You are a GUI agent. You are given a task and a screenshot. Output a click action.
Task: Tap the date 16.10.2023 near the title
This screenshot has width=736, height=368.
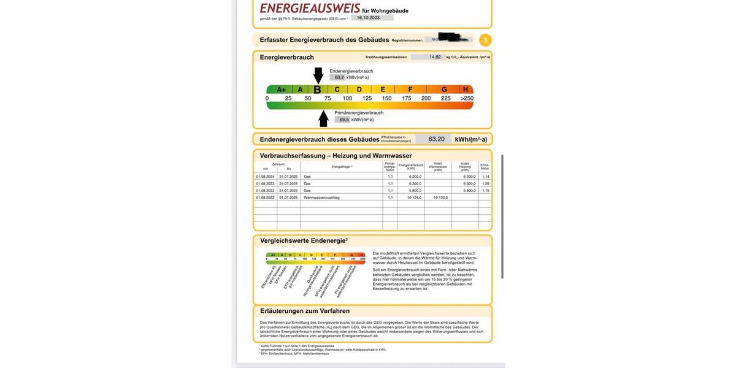(368, 18)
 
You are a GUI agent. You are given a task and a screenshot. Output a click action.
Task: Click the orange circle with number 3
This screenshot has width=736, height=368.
(485, 40)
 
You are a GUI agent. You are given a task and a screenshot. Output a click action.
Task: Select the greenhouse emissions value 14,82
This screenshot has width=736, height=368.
(434, 57)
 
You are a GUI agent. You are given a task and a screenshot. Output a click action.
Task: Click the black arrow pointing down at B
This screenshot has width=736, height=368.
(318, 75)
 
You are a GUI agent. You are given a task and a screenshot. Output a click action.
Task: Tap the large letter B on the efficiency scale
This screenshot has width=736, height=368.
(317, 90)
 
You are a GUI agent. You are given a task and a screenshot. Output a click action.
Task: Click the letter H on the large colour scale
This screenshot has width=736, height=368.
(466, 90)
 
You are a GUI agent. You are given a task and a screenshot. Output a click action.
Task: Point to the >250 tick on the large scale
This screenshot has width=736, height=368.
(467, 98)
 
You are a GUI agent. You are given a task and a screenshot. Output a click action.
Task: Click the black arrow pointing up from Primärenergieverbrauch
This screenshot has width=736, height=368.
(323, 118)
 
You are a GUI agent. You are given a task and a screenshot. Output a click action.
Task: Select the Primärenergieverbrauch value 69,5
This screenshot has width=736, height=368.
(343, 120)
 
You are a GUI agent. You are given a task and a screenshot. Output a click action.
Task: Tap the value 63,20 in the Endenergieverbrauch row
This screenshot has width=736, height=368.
(436, 139)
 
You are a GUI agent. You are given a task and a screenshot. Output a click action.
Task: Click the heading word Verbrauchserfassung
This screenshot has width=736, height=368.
(291, 156)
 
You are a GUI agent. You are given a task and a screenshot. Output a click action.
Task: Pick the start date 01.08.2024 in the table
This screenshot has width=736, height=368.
(265, 177)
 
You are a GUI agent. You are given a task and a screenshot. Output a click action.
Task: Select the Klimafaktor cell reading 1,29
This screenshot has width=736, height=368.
(485, 183)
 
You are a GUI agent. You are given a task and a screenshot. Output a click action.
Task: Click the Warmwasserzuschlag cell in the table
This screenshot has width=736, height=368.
(321, 197)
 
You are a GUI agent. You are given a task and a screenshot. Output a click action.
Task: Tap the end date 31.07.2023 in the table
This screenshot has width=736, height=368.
(288, 191)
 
